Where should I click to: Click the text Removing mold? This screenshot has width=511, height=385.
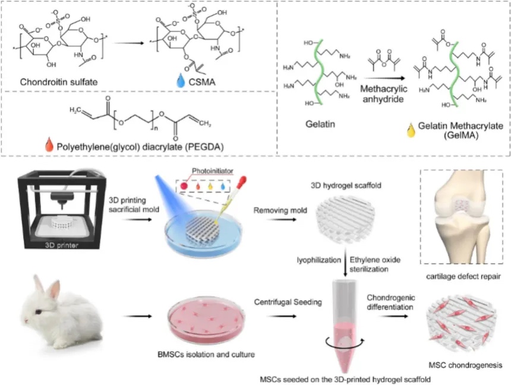(x=278, y=210)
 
